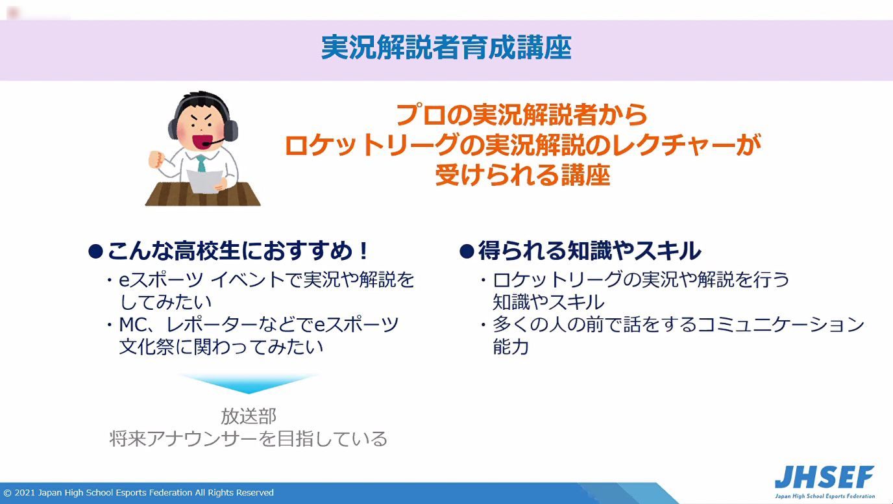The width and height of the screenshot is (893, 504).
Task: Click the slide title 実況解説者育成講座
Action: (x=446, y=47)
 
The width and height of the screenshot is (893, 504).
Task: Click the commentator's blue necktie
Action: (x=201, y=163)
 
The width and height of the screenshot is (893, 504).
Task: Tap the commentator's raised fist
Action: (x=156, y=159)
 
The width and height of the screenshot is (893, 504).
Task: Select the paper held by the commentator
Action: (x=204, y=182)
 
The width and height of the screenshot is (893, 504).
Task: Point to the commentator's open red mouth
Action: (x=202, y=141)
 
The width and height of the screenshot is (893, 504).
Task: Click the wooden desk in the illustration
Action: (x=203, y=194)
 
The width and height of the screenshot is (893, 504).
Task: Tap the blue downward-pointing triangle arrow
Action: (x=248, y=383)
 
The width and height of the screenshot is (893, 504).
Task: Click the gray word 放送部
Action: (x=249, y=416)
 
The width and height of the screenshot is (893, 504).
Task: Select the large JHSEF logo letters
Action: (x=824, y=477)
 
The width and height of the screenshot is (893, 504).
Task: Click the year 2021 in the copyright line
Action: (x=25, y=493)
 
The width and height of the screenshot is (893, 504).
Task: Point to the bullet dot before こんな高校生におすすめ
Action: (x=95, y=251)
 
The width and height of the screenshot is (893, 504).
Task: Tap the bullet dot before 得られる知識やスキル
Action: (x=467, y=251)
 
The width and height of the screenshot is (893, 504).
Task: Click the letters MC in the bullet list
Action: (x=133, y=325)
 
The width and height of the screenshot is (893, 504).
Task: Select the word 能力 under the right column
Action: (x=511, y=346)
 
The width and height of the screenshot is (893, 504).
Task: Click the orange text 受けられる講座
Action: (x=522, y=175)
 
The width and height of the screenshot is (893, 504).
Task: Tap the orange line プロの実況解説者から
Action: (x=521, y=115)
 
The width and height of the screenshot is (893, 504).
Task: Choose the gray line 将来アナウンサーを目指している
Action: (x=249, y=438)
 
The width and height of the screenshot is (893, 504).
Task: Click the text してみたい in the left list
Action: (x=166, y=302)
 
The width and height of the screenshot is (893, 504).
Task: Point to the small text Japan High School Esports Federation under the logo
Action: (x=825, y=496)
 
